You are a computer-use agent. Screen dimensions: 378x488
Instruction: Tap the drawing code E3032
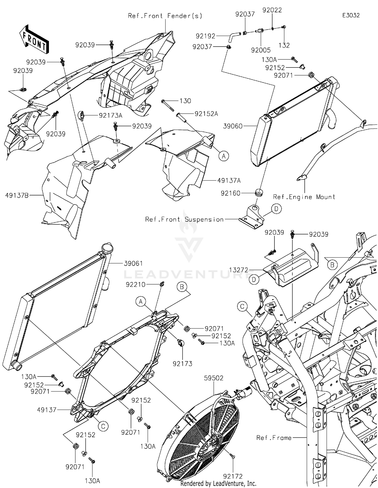click(x=351, y=15)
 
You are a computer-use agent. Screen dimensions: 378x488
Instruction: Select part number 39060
click(x=233, y=126)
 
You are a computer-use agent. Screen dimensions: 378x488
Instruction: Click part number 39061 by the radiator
click(x=133, y=263)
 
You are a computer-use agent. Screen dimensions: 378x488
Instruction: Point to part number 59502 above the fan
click(x=214, y=378)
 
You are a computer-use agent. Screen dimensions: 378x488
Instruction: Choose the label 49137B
click(x=17, y=195)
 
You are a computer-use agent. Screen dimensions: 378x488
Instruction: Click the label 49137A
click(x=229, y=180)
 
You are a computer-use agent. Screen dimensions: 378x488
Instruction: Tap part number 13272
click(x=239, y=270)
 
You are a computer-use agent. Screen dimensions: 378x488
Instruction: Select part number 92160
click(x=230, y=193)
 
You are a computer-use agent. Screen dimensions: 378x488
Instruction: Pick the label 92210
click(x=136, y=285)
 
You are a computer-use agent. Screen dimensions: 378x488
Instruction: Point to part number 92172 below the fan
click(x=233, y=476)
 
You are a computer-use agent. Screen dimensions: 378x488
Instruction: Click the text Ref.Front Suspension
click(x=184, y=219)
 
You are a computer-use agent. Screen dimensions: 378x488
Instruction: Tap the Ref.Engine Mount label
click(x=304, y=197)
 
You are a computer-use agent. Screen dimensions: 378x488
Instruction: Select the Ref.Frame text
click(x=274, y=438)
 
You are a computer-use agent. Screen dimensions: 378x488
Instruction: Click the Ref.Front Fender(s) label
click(x=165, y=16)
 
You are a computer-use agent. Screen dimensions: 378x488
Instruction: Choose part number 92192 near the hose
click(x=205, y=36)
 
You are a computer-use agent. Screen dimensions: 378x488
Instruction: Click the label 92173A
click(x=110, y=116)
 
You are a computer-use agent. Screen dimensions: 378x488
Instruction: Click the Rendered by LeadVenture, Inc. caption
click(x=218, y=484)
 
